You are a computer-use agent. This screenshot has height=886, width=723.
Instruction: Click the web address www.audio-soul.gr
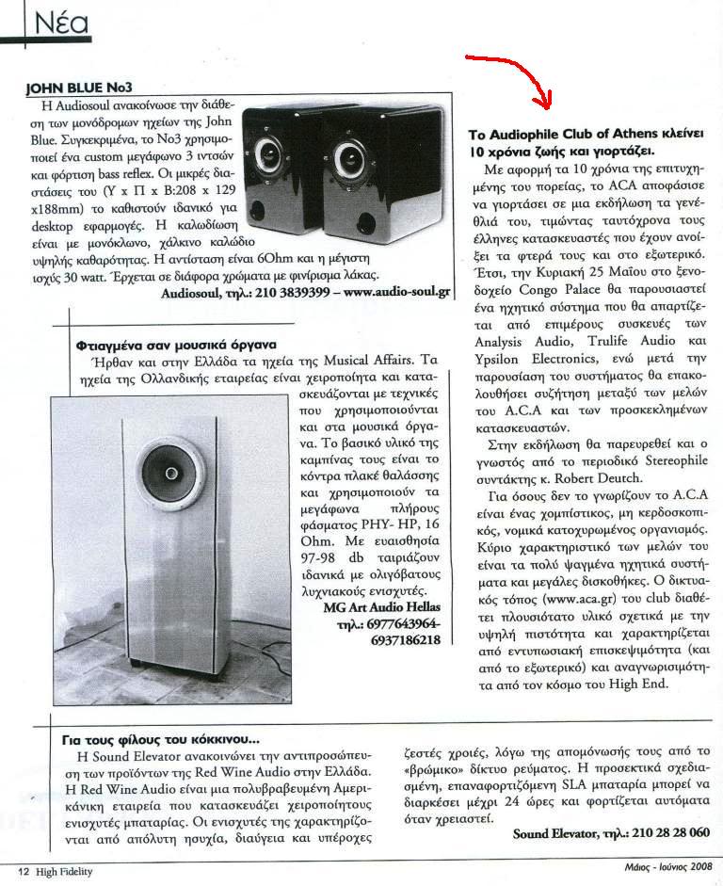(x=397, y=293)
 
